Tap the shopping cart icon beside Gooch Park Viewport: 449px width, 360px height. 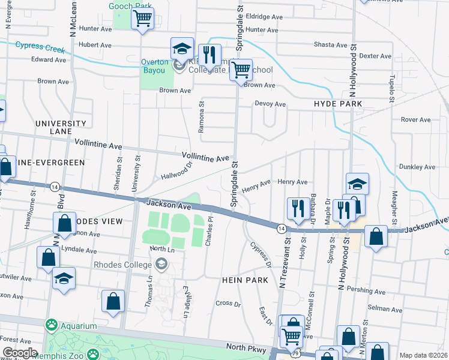pyautogui.click(x=142, y=19)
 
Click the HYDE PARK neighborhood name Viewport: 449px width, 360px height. pyautogui.click(x=338, y=104)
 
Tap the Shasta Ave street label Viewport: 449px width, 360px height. pyautogui.click(x=331, y=45)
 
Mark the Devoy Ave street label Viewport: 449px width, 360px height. pyautogui.click(x=270, y=104)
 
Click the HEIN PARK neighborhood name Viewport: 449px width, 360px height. pyautogui.click(x=240, y=280)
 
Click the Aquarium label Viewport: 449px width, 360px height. pyautogui.click(x=77, y=325)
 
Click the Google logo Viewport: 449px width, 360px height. pyautogui.click(x=19, y=352)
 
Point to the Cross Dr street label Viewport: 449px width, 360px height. pyautogui.click(x=228, y=303)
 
